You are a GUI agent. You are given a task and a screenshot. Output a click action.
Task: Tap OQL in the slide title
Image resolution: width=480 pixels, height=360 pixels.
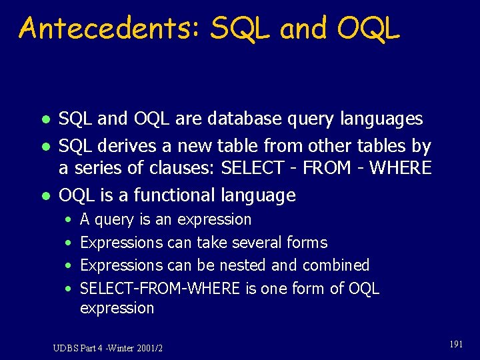[x=369, y=29]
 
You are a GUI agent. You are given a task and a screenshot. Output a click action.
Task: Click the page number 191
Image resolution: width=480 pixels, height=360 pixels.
[x=456, y=344]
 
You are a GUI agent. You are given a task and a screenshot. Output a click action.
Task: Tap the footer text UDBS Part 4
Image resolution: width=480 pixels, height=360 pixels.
[x=79, y=348]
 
